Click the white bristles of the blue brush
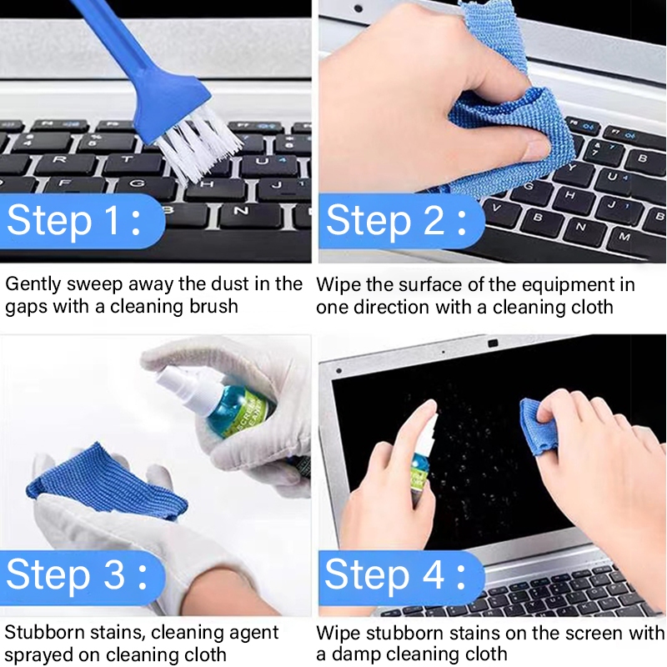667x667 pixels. point(199,147)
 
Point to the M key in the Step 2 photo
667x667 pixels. point(624,237)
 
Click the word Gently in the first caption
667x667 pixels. point(33,285)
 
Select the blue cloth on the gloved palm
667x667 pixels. point(107,481)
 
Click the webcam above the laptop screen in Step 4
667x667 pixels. point(493,344)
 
